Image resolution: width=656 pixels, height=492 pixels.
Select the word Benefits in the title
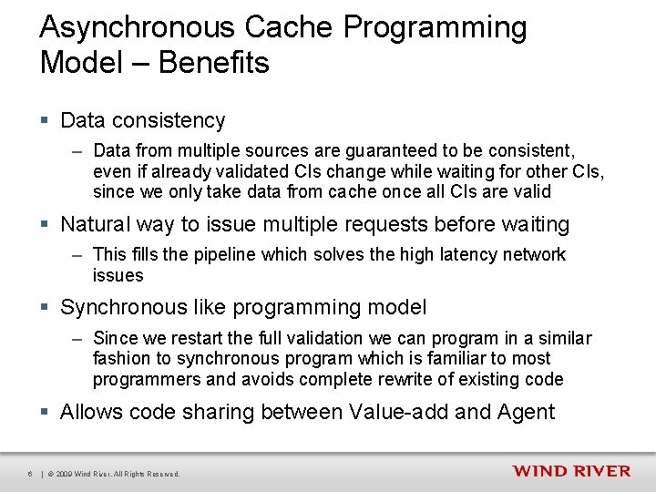tap(214, 63)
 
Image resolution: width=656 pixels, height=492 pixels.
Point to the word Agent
tap(526, 412)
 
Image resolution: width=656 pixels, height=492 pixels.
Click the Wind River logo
tap(570, 471)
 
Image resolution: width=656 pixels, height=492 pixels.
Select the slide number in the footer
tap(30, 474)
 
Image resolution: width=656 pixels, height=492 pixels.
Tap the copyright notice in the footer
tap(114, 474)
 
